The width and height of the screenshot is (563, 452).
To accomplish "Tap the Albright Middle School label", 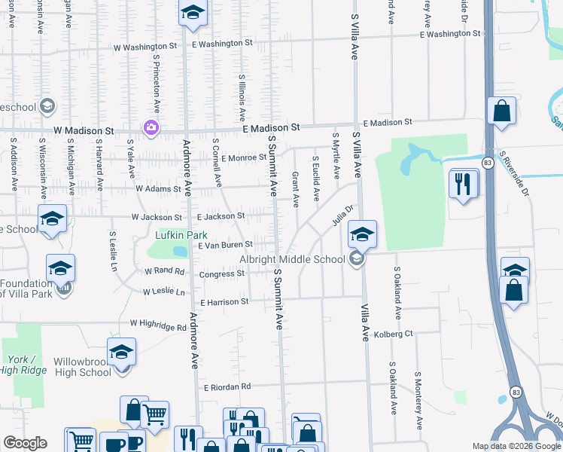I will pos(292,260).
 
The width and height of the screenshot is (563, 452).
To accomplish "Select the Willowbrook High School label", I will pos(82,367).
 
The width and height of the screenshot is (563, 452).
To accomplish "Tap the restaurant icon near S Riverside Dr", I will pos(463,184).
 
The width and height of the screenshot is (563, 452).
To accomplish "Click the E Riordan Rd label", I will pos(227,387).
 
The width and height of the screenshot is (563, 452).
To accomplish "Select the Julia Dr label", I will pos(342,216).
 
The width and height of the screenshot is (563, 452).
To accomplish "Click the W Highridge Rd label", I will pos(158,325).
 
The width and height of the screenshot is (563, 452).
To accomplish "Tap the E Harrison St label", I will pos(224,302).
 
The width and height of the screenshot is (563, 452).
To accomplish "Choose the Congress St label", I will pos(222,274).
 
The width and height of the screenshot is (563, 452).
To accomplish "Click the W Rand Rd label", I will pos(164,270).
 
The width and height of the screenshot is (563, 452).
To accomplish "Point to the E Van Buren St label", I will pos(224,246).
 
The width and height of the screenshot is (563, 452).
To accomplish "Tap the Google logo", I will pos(25,443).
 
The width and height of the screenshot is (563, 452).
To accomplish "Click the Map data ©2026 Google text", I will pos(516,446).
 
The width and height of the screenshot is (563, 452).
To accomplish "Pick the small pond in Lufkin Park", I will pos(178,251).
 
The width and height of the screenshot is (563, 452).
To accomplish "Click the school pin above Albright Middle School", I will pos(362,235).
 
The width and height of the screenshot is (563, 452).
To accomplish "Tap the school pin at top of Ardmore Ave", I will pos(193,14).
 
